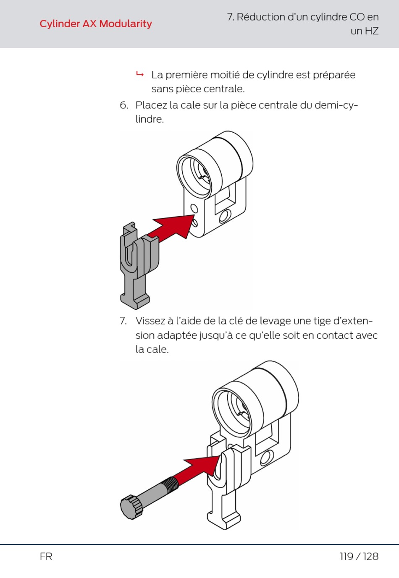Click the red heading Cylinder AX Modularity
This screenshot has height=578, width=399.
(96, 24)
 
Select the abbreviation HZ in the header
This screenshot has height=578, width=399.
(371, 31)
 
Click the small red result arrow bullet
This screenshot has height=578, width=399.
(140, 75)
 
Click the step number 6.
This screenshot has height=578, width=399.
(123, 105)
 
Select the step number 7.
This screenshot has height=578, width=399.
(123, 321)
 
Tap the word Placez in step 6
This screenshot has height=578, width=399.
(151, 105)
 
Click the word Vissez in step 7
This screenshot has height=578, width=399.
(150, 321)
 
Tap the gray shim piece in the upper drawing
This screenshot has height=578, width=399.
(136, 264)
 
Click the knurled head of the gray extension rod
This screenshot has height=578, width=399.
(131, 507)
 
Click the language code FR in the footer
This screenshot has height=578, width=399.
(46, 557)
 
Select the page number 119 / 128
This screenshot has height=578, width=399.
(359, 557)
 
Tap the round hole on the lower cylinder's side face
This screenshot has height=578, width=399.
(266, 457)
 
